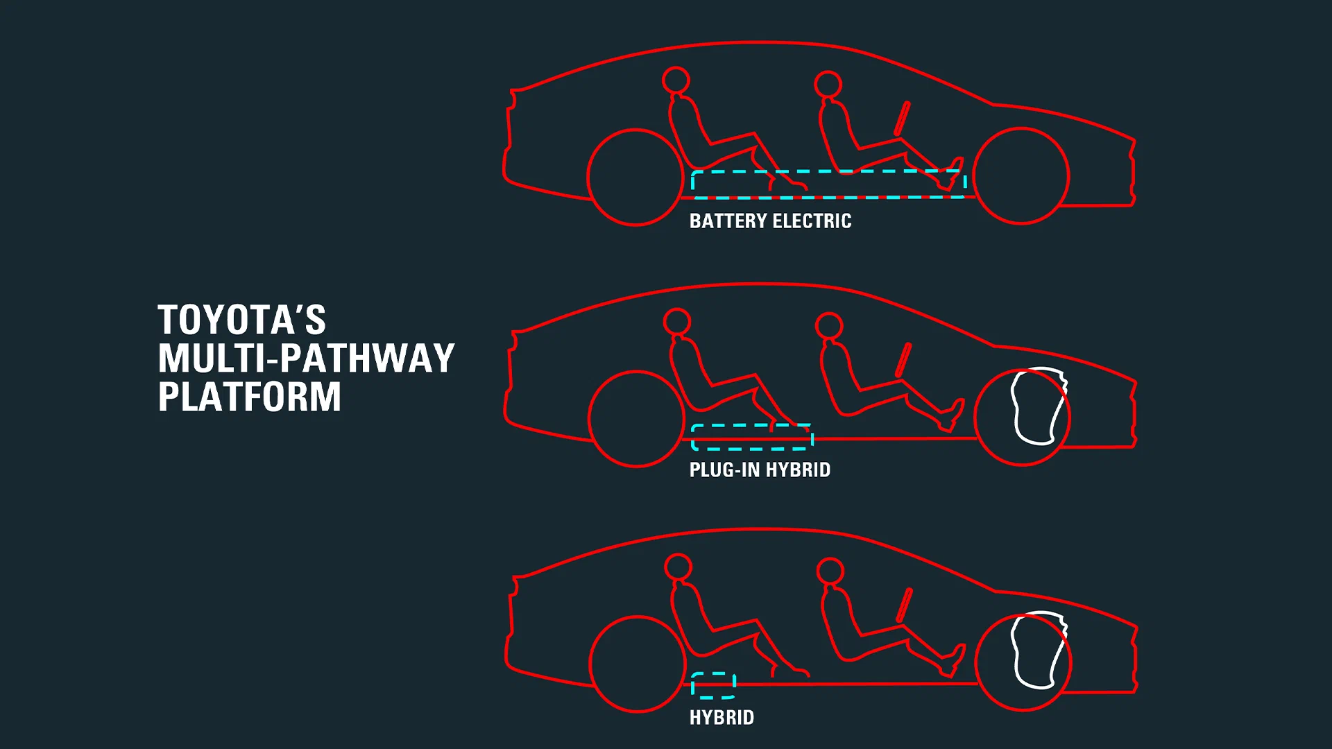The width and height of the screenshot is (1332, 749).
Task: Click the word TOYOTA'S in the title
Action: coord(241,320)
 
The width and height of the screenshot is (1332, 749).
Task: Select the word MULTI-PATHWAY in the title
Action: coord(306,359)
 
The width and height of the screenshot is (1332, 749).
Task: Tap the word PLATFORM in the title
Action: coord(250,397)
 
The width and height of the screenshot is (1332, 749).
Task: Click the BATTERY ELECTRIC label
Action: coord(770,221)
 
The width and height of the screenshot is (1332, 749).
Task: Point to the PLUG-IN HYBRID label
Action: coord(760,470)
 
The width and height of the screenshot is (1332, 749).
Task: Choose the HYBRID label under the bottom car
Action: coord(721,717)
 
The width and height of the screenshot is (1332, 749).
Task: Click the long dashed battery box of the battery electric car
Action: coord(829,171)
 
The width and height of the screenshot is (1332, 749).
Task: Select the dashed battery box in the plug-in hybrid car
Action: coord(752,425)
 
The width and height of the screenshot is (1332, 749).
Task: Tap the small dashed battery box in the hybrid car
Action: coord(713,673)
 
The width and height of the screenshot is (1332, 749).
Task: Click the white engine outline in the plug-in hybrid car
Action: coord(1016,406)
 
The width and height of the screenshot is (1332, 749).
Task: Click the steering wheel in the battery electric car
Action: coord(902,118)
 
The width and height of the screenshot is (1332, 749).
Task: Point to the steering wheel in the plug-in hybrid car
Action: coord(903,359)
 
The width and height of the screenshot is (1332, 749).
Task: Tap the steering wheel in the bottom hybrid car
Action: coord(904,605)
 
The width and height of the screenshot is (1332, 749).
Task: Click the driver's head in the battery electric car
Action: coord(828,71)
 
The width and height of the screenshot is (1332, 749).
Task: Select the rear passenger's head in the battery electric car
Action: coord(676,67)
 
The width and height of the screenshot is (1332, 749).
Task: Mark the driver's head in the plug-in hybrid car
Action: coord(829,313)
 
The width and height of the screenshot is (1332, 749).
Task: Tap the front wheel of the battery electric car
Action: coord(1021,128)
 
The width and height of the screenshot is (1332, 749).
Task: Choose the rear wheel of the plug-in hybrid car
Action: coord(636,371)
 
